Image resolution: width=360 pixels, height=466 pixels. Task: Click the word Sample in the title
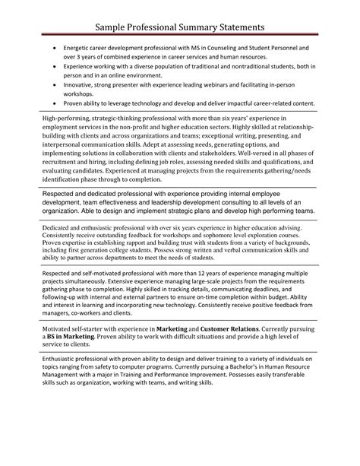119,27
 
